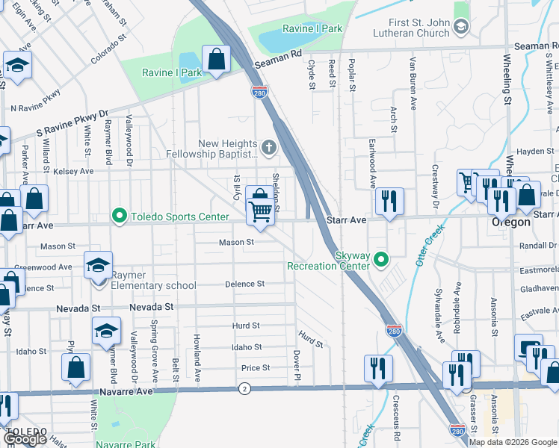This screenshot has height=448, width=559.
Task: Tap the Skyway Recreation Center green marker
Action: [382, 260]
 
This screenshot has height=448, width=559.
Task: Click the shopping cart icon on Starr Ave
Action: [260, 211]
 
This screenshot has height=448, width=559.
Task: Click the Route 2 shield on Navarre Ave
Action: [244, 388]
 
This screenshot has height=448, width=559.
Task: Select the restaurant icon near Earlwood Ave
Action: [389, 201]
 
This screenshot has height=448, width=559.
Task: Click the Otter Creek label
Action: [424, 250]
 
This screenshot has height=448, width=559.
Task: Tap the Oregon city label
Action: [510, 223]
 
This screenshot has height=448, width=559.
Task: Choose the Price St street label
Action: [255, 368]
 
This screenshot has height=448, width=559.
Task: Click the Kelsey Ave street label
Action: [73, 172]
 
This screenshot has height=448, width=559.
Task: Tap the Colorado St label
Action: [105, 50]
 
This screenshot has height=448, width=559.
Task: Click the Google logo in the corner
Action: [25, 439]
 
